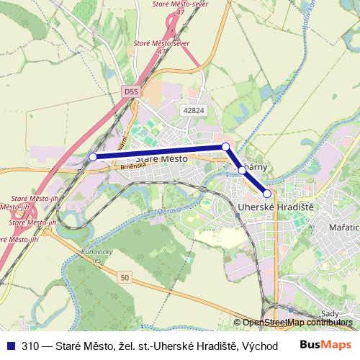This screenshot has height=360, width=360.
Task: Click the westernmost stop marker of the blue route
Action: [x=92, y=156]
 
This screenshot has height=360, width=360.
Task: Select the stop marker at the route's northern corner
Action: [x=225, y=147]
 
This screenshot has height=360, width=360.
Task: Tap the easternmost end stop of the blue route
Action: [x=266, y=193]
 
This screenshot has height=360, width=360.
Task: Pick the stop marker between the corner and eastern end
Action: [x=242, y=171]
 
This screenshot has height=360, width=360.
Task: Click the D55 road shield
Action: [x=130, y=92]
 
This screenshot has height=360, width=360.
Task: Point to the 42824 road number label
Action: [x=194, y=110]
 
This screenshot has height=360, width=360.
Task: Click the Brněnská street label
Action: [x=133, y=166]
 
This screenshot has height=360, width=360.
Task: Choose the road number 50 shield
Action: [x=125, y=277]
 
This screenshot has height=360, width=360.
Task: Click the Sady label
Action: [x=329, y=313]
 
